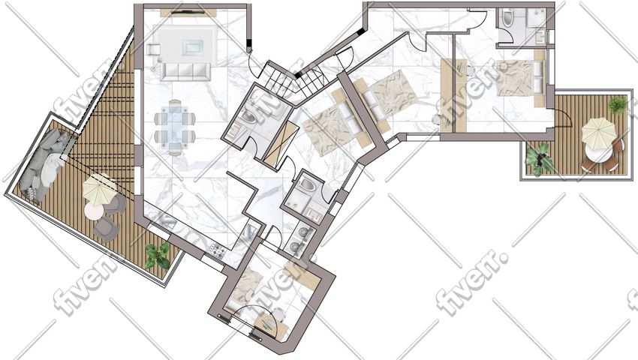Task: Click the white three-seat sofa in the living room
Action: click(x=185, y=72)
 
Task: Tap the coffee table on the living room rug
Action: click(x=192, y=46)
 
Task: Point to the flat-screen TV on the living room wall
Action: click(x=188, y=13)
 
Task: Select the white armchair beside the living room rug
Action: click(x=153, y=49)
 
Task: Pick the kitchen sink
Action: click(x=168, y=223)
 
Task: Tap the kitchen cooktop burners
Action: click(x=216, y=250)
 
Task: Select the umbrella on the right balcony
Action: click(x=598, y=133)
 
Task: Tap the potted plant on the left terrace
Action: click(x=158, y=256)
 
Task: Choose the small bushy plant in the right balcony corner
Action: click(x=618, y=104)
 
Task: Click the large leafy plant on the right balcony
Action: click(x=539, y=159)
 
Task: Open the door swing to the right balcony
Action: click(x=566, y=118)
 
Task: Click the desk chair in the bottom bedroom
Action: click(x=278, y=314)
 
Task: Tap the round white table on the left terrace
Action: click(x=94, y=211)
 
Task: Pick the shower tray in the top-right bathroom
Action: click(x=537, y=17)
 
